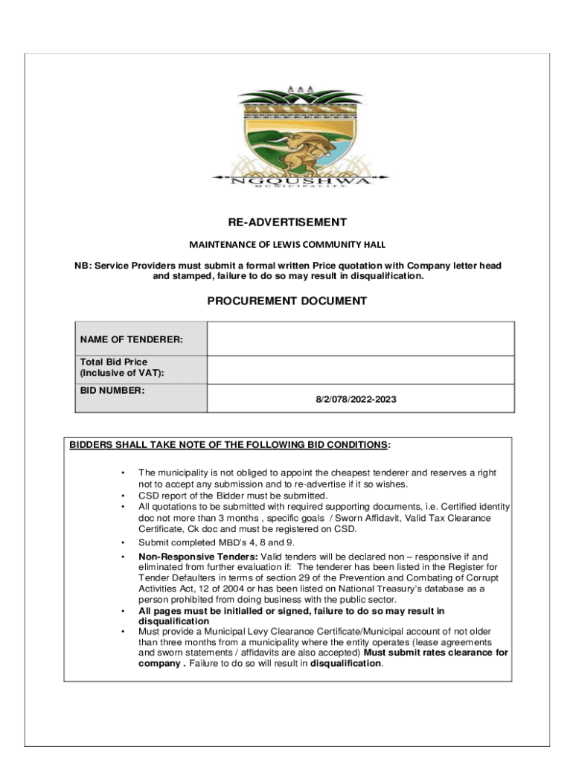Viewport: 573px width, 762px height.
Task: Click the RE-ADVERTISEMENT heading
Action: [x=287, y=222]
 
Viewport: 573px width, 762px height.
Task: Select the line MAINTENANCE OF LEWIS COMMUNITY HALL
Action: [x=287, y=244]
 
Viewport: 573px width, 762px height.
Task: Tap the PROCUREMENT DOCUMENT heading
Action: [x=287, y=301]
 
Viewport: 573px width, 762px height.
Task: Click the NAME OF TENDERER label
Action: [x=131, y=339]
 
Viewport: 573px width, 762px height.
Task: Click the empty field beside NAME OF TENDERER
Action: [x=360, y=339]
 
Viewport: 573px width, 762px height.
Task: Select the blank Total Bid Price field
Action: [x=360, y=370]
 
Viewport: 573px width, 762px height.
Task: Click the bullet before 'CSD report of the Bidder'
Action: [x=121, y=496]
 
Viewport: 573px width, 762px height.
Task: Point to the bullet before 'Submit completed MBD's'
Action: [x=121, y=542]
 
